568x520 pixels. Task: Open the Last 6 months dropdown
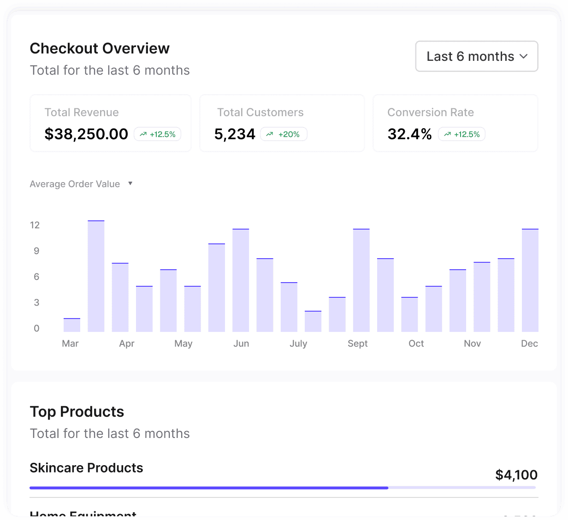coord(476,56)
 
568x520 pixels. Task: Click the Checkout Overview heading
coord(100,48)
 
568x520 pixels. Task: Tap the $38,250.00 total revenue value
coord(86,134)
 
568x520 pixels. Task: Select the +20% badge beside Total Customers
coord(284,134)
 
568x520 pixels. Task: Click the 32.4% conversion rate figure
coord(409,134)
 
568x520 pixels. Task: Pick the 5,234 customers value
coord(235,134)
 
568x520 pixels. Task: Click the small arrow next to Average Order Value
coord(130,183)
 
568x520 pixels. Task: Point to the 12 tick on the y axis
coord(35,225)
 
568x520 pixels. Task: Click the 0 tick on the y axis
coord(36,328)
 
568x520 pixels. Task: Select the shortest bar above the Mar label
coord(72,325)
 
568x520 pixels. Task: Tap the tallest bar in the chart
coord(96,277)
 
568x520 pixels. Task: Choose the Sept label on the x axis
coord(357,343)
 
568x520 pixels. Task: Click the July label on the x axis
coord(298,343)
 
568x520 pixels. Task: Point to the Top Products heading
coord(77,412)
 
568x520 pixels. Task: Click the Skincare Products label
coord(86,468)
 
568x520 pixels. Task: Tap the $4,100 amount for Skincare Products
coord(516,475)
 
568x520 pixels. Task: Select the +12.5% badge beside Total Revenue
coord(158,134)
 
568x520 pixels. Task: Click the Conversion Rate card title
coord(431,112)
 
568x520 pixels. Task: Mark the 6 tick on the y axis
coord(36,277)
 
